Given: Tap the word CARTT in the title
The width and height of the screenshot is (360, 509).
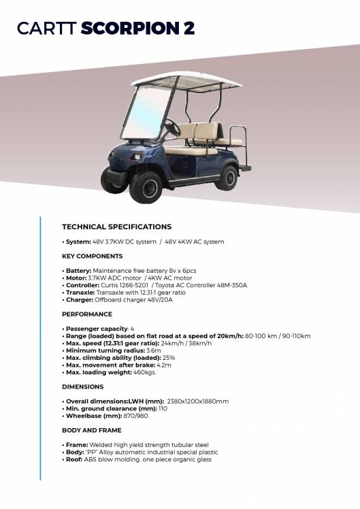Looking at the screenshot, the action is tap(47, 28).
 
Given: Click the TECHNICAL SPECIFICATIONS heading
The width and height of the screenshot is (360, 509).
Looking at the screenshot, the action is tap(116, 227).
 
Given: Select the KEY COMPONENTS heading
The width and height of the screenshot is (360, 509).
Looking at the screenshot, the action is tap(92, 256).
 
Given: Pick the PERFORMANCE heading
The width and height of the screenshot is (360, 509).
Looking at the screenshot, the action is tap(87, 314).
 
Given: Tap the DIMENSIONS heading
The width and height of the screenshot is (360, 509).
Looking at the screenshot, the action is tap(83, 387).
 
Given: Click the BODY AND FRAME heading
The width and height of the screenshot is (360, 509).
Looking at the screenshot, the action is tap(92, 430).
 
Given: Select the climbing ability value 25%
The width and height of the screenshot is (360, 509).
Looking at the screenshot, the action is tap(169, 357).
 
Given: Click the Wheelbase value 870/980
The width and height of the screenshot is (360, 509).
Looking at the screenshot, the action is tap(134, 415).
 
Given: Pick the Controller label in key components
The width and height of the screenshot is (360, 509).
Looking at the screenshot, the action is tap(84, 285).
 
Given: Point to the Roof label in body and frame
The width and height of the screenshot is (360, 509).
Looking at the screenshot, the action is tap(74, 459).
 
